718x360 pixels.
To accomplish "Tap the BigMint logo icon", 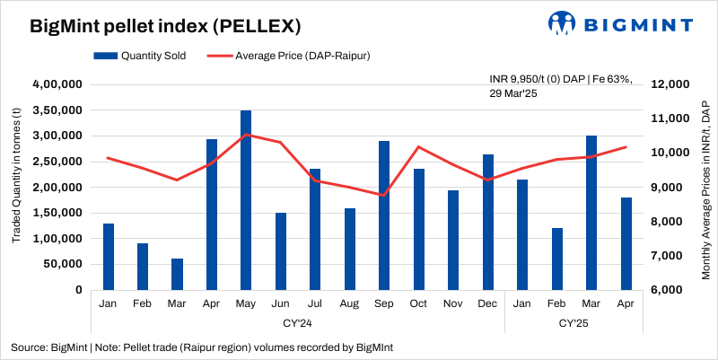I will pos(563,23).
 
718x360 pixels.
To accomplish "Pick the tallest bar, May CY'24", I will pos(246,200).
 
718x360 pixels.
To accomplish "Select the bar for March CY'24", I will pos(177,274).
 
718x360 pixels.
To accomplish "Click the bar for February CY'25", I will pos(556,259).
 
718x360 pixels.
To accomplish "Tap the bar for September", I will pos(384,215).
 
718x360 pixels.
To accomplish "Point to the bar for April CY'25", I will pos(626,243).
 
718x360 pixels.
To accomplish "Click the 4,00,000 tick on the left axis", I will pos(57,84).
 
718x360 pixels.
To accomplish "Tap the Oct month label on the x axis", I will pos(418,303).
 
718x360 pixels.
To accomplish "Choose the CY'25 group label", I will pos(574,321).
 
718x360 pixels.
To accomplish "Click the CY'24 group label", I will pos(297,321).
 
